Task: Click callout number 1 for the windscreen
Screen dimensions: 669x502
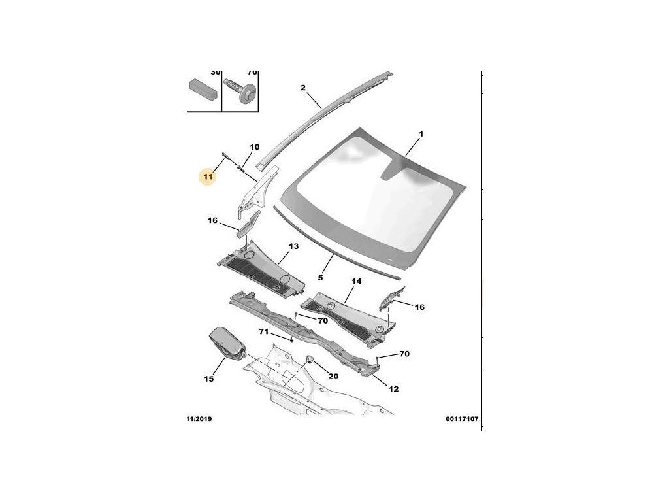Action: (421, 134)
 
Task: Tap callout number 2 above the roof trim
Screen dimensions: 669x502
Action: (303, 88)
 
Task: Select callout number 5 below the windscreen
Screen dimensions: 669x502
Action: (321, 278)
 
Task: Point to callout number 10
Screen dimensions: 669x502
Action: (255, 147)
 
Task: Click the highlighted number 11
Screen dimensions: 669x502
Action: (208, 176)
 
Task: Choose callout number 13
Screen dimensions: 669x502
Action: (293, 246)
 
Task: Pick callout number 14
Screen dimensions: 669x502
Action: (357, 281)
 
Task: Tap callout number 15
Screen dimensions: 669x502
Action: (209, 379)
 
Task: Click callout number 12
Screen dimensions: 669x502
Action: (393, 389)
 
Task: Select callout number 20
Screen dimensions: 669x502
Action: (333, 376)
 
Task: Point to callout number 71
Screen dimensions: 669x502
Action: (263, 332)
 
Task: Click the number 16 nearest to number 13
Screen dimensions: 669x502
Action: (212, 221)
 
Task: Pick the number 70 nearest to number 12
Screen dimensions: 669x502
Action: (404, 354)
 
